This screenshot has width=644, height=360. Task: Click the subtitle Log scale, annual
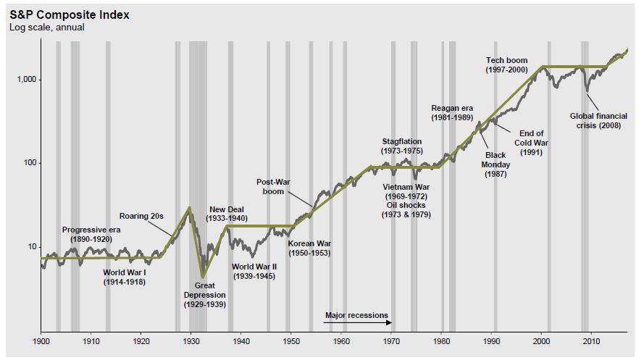pyautogui.click(x=46, y=28)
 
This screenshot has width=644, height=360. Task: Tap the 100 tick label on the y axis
pyautogui.click(x=29, y=163)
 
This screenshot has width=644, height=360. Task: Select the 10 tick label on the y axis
pyautogui.click(x=31, y=247)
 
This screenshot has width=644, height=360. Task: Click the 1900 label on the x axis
pyautogui.click(x=41, y=340)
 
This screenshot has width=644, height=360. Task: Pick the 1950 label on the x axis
pyautogui.click(x=291, y=340)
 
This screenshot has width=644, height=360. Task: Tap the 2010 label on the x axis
pyautogui.click(x=591, y=340)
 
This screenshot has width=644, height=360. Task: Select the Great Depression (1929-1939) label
pyautogui.click(x=204, y=295)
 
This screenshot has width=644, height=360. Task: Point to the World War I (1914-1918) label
pyautogui.click(x=124, y=277)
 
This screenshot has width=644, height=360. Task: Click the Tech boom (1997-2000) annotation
pyautogui.click(x=506, y=64)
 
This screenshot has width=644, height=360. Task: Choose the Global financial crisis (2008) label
pyautogui.click(x=598, y=120)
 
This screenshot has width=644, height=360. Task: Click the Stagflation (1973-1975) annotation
pyautogui.click(x=401, y=146)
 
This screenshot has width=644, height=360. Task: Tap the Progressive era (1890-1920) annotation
pyautogui.click(x=91, y=234)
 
